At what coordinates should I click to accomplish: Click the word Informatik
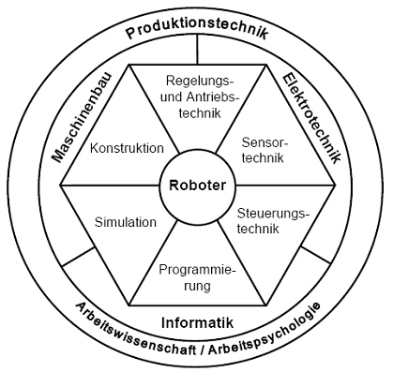[x=197, y=322]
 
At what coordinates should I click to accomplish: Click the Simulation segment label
[x=127, y=222]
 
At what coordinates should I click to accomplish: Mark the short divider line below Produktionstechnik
[x=197, y=52]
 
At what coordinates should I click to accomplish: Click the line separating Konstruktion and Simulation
[x=103, y=185]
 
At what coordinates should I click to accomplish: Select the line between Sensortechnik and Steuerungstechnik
[x=291, y=185]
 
